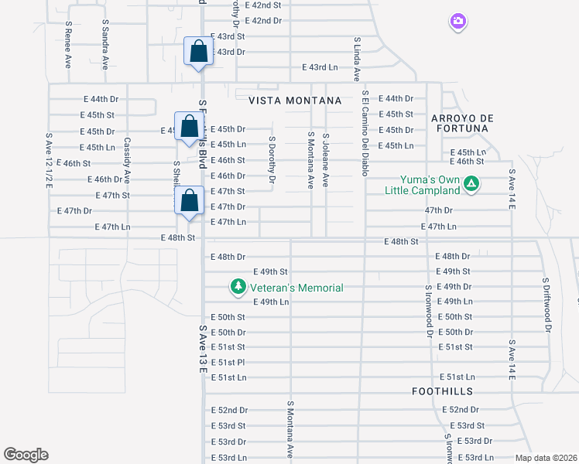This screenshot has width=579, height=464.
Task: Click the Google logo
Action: pos(26,455)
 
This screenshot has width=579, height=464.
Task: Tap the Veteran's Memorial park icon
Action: pos(238,288)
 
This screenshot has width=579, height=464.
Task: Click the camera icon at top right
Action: pos(458,22)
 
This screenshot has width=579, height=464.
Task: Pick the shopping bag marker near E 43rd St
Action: pos(199,52)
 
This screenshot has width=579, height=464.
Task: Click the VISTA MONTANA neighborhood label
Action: pos(295,101)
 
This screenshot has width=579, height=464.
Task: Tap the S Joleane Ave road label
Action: pos(326,159)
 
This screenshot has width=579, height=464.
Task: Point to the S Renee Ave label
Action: pos(69,45)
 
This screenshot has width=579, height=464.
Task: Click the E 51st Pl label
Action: pos(228,362)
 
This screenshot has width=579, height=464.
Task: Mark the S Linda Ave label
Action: pos(357,59)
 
